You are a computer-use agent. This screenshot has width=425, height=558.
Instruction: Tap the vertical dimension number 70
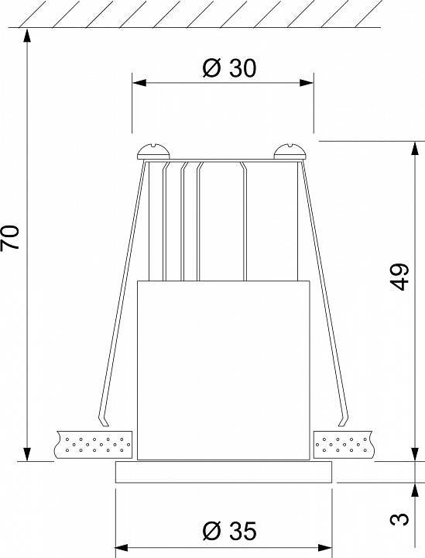(x=11, y=238)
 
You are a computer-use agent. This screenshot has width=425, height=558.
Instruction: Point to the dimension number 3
(x=400, y=517)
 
